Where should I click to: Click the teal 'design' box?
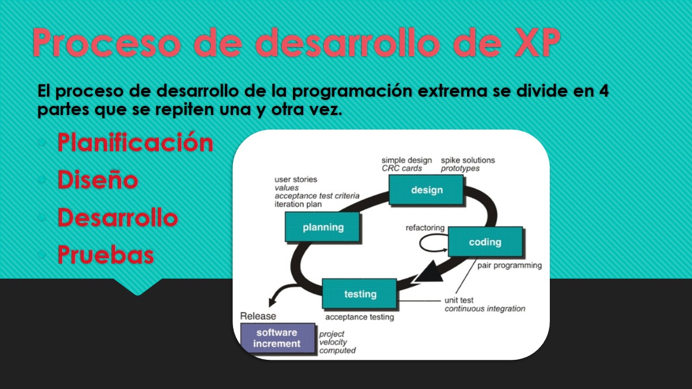(426, 190)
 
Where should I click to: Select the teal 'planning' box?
(322, 227)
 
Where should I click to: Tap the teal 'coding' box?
(485, 242)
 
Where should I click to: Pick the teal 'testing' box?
(360, 294)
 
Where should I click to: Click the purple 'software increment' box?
(277, 338)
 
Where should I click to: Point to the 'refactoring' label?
(425, 228)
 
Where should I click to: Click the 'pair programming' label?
(509, 265)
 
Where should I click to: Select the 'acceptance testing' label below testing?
(359, 317)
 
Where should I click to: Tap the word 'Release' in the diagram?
(258, 316)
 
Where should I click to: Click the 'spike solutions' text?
(468, 160)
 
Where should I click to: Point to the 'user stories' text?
(296, 179)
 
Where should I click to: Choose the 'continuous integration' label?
(484, 308)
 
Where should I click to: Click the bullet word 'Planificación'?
(135, 143)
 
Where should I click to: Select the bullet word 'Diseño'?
(98, 180)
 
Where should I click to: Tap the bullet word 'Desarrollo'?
(118, 217)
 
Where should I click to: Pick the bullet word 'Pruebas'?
(106, 254)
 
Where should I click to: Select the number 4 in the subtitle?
(603, 91)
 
